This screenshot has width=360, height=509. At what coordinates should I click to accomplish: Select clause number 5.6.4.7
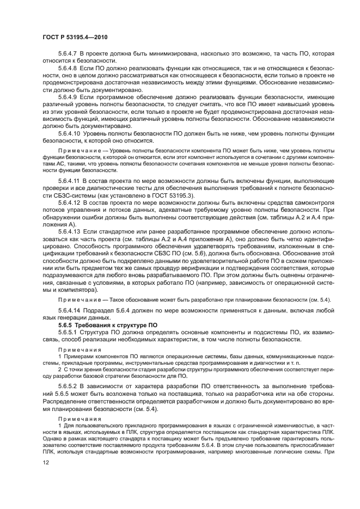tap(68, 54)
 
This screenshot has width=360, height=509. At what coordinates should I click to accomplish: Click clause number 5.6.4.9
tap(68, 96)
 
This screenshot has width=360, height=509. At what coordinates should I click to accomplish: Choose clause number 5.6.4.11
tap(70, 180)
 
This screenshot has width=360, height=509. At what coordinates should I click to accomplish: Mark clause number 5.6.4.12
tap(70, 201)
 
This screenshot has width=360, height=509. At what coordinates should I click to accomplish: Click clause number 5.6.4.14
tap(70, 310)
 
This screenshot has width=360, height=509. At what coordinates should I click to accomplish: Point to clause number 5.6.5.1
tap(68, 332)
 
